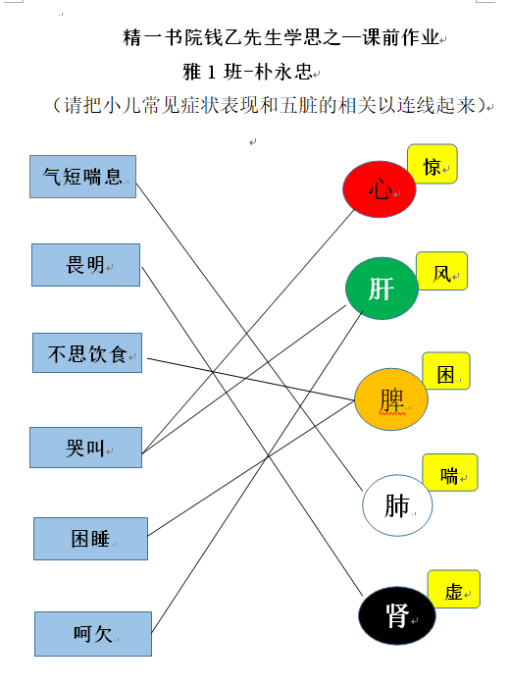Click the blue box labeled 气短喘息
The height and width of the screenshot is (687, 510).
coord(82,177)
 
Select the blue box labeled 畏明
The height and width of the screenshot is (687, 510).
coord(85,265)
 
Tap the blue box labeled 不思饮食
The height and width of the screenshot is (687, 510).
coord(87,352)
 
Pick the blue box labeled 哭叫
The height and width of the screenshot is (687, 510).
coord(85,448)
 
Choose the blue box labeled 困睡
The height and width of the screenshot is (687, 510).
coord(90,539)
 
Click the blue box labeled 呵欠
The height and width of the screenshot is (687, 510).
coord(93,634)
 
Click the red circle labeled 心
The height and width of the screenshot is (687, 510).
coord(380,188)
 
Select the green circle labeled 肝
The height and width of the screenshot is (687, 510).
coord(382,288)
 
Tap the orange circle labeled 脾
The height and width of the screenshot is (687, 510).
coord(391,399)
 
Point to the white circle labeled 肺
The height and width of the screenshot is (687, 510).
coord(397,505)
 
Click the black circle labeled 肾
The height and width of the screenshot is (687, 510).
coord(397,615)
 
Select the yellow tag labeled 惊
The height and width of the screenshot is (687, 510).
coord(433,164)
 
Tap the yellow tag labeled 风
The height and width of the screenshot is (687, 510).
coord(441,271)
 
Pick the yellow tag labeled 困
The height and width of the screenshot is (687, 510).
coord(446,371)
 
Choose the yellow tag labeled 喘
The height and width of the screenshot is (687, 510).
coord(450,472)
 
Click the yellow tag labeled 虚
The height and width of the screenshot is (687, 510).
coord(454,589)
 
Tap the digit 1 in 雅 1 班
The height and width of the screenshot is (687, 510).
coord(212,72)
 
